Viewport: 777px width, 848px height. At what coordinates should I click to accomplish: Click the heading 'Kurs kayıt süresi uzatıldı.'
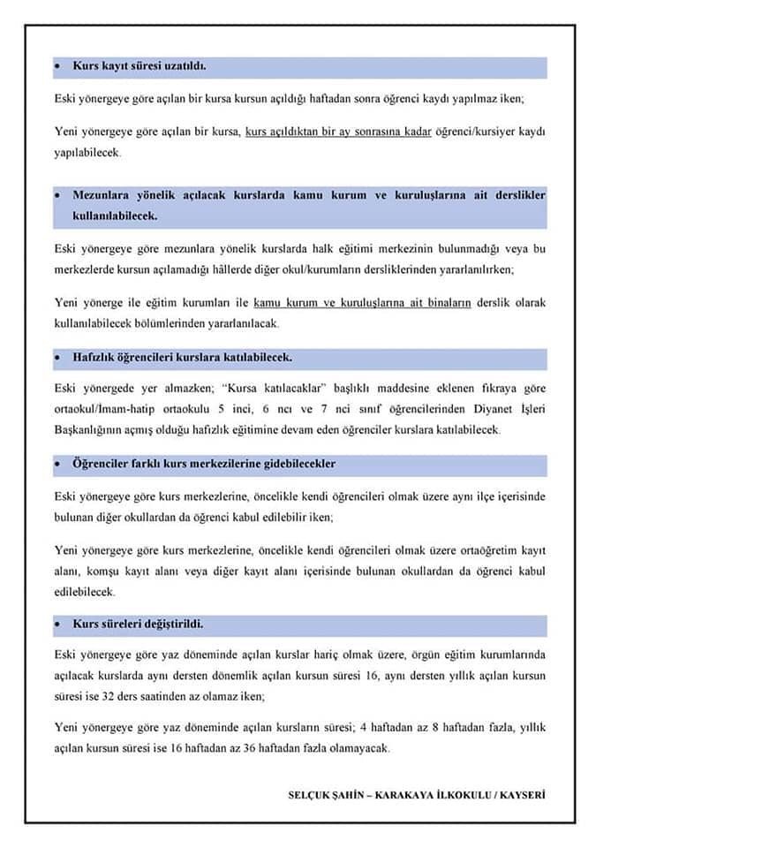coord(140,68)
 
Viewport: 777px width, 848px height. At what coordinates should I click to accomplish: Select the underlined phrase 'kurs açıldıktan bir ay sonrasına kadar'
coord(338,132)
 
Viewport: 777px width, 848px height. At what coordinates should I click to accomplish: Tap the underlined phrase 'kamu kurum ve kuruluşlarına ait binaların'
coord(362,303)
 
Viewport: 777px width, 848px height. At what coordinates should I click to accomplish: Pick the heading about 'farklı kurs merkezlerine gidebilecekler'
coord(204,464)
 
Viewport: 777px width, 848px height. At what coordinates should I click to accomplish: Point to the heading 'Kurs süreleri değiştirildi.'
coord(139,625)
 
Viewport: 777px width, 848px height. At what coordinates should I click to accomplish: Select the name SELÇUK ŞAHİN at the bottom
coord(324,795)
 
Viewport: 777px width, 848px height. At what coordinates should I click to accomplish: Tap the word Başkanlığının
coord(90,430)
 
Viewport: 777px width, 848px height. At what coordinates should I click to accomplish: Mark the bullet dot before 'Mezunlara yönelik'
coord(57,195)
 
